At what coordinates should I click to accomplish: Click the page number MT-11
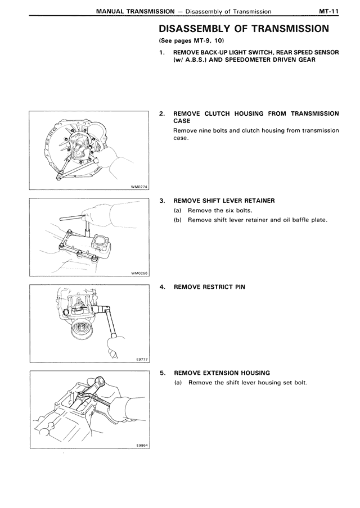328,11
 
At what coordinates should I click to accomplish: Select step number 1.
162,52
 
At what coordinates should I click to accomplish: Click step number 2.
162,114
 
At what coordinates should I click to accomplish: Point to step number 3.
162,201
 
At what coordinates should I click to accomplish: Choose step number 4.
162,287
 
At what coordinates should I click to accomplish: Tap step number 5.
162,373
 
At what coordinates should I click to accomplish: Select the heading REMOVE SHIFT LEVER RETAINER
224,201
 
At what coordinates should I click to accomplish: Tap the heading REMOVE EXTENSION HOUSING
222,373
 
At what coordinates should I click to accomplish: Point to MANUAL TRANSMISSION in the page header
135,11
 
